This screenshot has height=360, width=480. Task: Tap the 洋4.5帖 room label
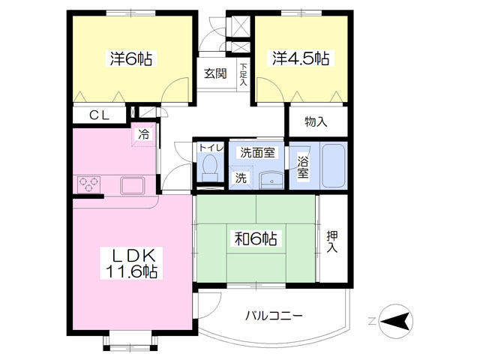301,58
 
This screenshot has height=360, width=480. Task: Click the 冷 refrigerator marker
142,135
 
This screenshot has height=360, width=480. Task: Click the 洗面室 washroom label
257,152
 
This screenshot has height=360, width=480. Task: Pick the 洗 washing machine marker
241,178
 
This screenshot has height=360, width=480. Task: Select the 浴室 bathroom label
302,166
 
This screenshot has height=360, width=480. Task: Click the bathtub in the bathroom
333,165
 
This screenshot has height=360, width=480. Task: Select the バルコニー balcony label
274,316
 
